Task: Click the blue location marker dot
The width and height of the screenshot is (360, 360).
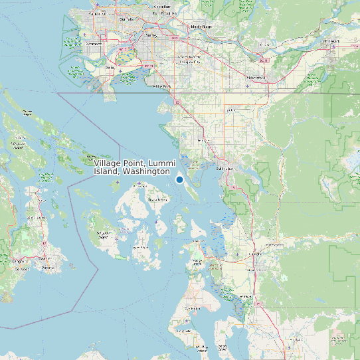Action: coord(179,179)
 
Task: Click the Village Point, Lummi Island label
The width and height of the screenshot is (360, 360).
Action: coord(134,167)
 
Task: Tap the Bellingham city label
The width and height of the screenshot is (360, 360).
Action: coord(226,168)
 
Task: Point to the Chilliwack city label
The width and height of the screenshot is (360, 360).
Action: coord(331,41)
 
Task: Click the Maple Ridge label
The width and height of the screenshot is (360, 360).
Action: coord(201,27)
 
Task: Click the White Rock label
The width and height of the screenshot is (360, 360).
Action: coord(161,86)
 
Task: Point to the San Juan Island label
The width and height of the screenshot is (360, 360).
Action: coord(104,233)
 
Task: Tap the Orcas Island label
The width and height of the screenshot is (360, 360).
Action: coord(157,199)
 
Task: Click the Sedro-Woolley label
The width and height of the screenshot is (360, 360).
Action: coord(274,244)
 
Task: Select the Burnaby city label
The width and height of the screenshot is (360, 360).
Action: coord(126,19)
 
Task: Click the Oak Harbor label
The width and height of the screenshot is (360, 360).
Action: coord(193,308)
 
